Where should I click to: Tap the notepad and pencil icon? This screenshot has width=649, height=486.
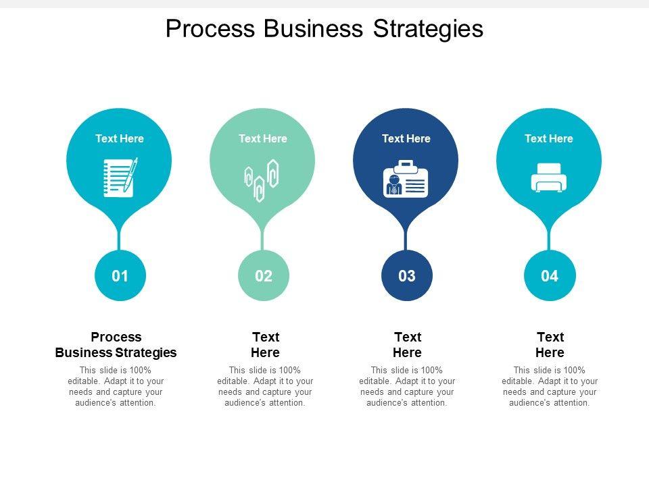coord(120,177)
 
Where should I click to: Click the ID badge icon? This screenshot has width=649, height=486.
coord(406,180)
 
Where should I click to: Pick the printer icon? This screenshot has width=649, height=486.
coord(549,178)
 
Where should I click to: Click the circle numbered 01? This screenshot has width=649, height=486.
coord(120,275)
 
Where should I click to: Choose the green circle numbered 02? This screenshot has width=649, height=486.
coord(263,275)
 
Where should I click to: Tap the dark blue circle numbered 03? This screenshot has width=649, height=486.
coord(406,275)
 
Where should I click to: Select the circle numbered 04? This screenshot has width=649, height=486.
coord(550,275)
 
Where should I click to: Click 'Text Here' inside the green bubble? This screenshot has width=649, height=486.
coord(262,138)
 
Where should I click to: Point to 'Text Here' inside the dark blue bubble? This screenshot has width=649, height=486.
coord(406,138)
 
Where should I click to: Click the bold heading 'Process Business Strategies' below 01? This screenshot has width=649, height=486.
coord(116,344)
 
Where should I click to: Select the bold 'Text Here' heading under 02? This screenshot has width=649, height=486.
coord(265,344)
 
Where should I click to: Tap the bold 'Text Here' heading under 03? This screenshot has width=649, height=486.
coord(407,344)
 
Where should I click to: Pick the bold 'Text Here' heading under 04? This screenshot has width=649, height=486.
coord(550,344)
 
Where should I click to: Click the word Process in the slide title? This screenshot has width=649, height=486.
coord(210,28)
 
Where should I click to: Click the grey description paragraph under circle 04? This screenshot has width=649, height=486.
coord(550,386)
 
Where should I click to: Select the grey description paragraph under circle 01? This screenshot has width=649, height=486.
coord(116,386)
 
